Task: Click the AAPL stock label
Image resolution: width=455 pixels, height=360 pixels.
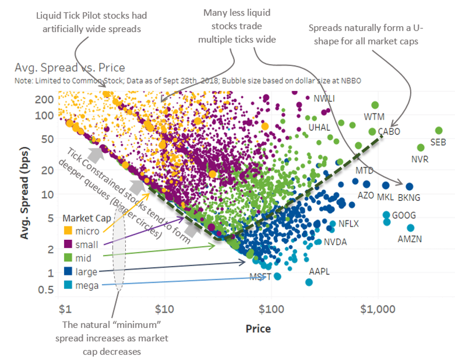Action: click(319, 271)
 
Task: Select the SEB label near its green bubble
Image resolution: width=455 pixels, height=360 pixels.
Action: click(438, 143)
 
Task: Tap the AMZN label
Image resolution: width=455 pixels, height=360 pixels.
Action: click(409, 239)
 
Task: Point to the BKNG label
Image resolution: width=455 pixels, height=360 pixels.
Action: click(409, 198)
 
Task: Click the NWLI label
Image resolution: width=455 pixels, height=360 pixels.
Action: click(324, 99)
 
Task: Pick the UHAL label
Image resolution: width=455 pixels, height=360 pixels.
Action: click(319, 127)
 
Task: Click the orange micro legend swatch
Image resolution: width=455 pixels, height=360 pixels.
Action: click(68, 231)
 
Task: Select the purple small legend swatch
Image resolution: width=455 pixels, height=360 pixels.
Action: click(68, 245)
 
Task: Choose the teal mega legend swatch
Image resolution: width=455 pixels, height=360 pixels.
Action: click(68, 286)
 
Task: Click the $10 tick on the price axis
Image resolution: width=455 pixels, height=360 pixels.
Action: click(165, 309)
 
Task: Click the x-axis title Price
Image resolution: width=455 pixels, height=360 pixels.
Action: click(259, 328)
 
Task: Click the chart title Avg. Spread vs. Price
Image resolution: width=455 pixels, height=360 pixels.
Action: click(70, 68)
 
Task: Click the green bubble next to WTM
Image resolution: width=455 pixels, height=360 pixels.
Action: click(375, 105)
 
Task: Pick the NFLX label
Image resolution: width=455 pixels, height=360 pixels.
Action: click(348, 224)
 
